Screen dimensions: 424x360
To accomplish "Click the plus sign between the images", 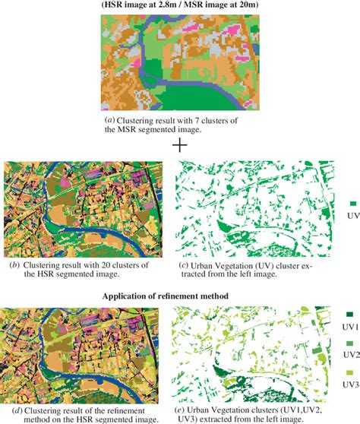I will pos(180,144).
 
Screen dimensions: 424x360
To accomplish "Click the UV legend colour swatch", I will pos(353,204).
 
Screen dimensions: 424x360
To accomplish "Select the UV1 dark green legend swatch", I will pos(349,315).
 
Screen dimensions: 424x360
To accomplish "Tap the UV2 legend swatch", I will pos(349,343).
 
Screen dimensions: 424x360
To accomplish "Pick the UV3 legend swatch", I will pos(349,373).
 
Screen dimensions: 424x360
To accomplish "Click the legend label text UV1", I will pos(350,325).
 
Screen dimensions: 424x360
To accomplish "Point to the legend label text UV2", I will pos(350,355).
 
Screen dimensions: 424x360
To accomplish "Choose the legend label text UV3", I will pos(350,384).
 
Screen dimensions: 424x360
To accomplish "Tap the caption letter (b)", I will pos(14,264).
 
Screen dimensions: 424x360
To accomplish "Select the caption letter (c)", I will pos(184,264).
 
